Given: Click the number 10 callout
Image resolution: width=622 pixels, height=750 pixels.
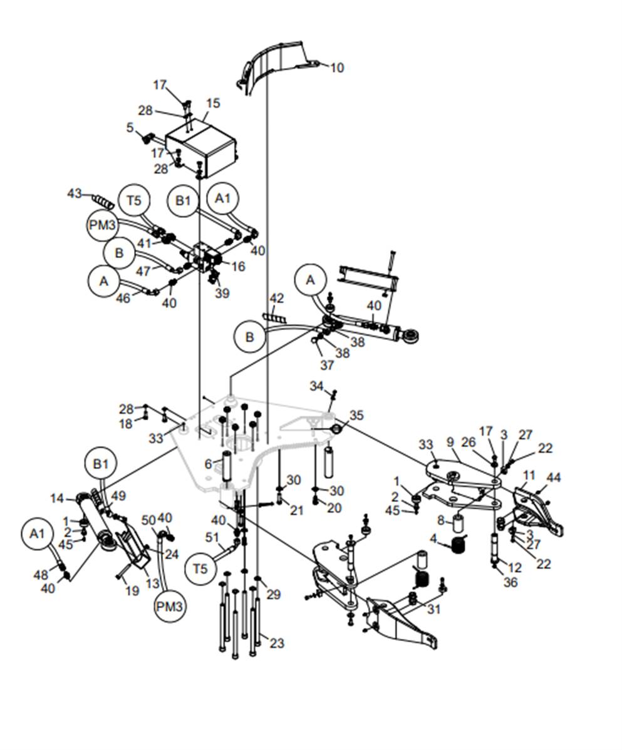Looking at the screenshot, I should [x=337, y=68].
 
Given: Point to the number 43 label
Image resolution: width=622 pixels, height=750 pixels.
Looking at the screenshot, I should [x=75, y=194].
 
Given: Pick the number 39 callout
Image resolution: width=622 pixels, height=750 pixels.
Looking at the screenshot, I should [x=221, y=294].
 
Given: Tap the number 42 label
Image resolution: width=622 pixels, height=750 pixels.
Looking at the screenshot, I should [x=277, y=299].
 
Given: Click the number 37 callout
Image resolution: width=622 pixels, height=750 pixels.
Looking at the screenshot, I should [x=327, y=365].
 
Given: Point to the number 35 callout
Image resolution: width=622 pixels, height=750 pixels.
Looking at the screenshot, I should [x=356, y=415].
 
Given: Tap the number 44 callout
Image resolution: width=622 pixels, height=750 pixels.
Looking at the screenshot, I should [x=554, y=478].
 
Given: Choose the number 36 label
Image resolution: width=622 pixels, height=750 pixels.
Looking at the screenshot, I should [x=511, y=582].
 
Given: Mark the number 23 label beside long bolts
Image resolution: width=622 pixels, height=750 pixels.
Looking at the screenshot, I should [x=277, y=643].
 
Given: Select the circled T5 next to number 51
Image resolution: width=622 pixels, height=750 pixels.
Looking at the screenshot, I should [x=200, y=569].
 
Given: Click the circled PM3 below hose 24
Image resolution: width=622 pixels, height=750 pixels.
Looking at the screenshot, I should [x=170, y=606].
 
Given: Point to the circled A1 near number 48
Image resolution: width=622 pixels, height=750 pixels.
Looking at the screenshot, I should [x=38, y=533].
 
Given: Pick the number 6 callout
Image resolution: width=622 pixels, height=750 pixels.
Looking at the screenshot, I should [x=209, y=464].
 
